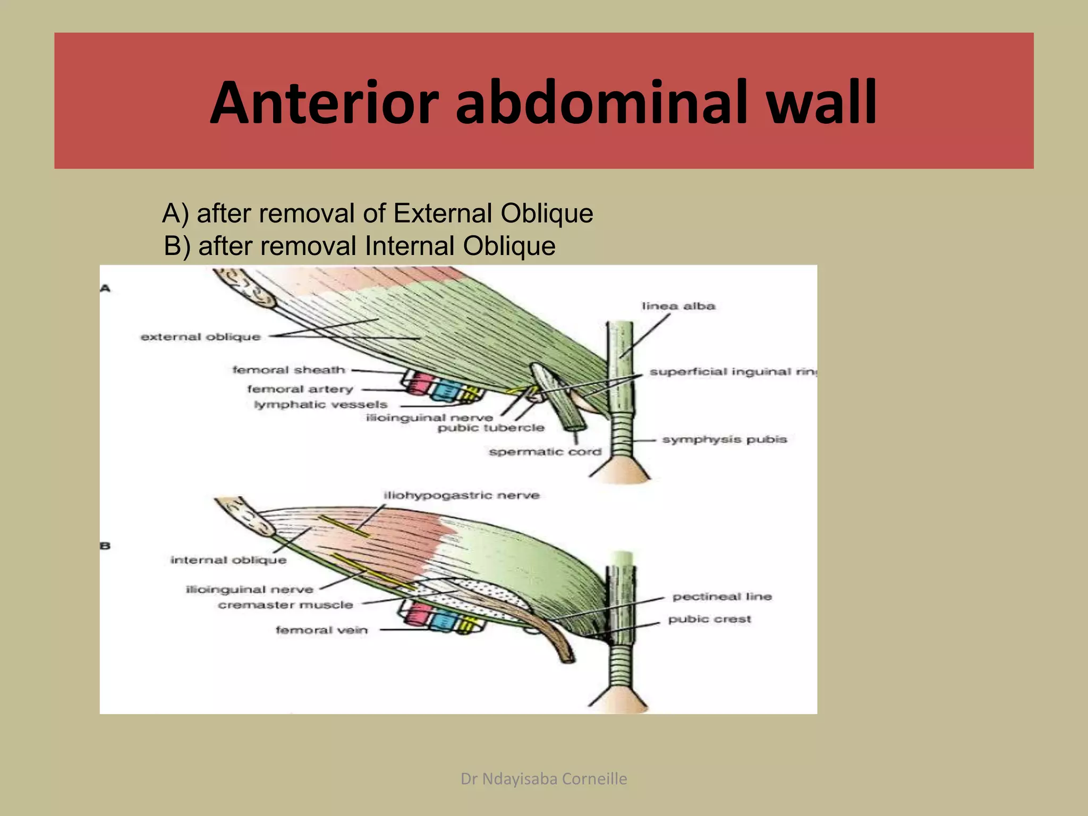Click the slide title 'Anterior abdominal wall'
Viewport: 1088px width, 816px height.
pos(543,102)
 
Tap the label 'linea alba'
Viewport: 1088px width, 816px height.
pos(678,306)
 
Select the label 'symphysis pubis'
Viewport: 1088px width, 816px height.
pos(724,439)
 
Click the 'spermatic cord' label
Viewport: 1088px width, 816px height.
pos(545,452)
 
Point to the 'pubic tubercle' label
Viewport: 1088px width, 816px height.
pos(491,428)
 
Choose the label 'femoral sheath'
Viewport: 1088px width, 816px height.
pos(288,370)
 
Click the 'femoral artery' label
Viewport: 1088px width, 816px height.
pos(300,389)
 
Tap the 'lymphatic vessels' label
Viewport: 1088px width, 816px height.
pos(320,405)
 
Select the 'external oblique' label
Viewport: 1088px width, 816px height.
pos(200,337)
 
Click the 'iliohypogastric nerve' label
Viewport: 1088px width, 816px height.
pos(461,496)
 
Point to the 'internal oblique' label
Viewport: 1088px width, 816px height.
pos(228,560)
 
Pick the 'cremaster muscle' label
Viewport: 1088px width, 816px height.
pos(285,605)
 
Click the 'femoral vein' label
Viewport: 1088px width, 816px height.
pos(321,630)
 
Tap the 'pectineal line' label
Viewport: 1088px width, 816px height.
pos(721,597)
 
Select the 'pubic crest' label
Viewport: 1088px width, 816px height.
pos(709,619)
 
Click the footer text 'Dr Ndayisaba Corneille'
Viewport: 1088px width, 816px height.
pos(543,779)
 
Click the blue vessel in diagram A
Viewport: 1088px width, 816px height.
pos(443,391)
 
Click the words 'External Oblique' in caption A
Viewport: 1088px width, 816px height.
pos(493,214)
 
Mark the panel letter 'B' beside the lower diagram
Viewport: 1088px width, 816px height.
pos(105,546)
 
